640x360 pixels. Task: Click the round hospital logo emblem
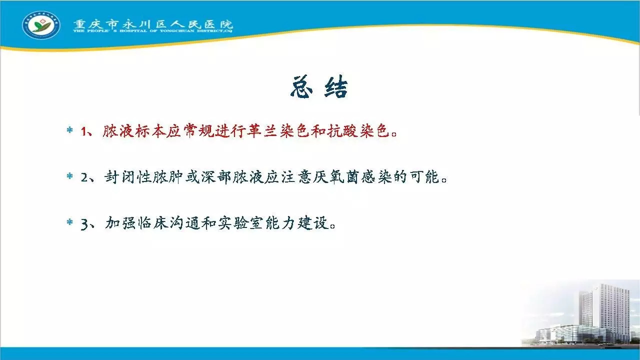click(x=41, y=25)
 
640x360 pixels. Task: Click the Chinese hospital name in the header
click(x=153, y=24)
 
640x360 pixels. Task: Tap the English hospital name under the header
click(x=152, y=30)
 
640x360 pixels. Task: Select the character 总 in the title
click(x=301, y=87)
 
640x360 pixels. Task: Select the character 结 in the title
click(x=336, y=87)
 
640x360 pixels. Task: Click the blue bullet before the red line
click(x=69, y=130)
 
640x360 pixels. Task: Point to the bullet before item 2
click(x=69, y=176)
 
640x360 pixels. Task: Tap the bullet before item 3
click(x=69, y=221)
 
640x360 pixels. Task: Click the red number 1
click(x=84, y=131)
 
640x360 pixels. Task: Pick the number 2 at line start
click(x=85, y=177)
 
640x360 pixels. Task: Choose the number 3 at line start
click(x=85, y=224)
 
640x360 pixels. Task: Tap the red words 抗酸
click(x=342, y=131)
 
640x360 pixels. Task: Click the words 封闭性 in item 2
click(x=127, y=177)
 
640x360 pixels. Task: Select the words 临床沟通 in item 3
click(x=169, y=223)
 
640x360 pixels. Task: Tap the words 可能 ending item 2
click(x=424, y=177)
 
